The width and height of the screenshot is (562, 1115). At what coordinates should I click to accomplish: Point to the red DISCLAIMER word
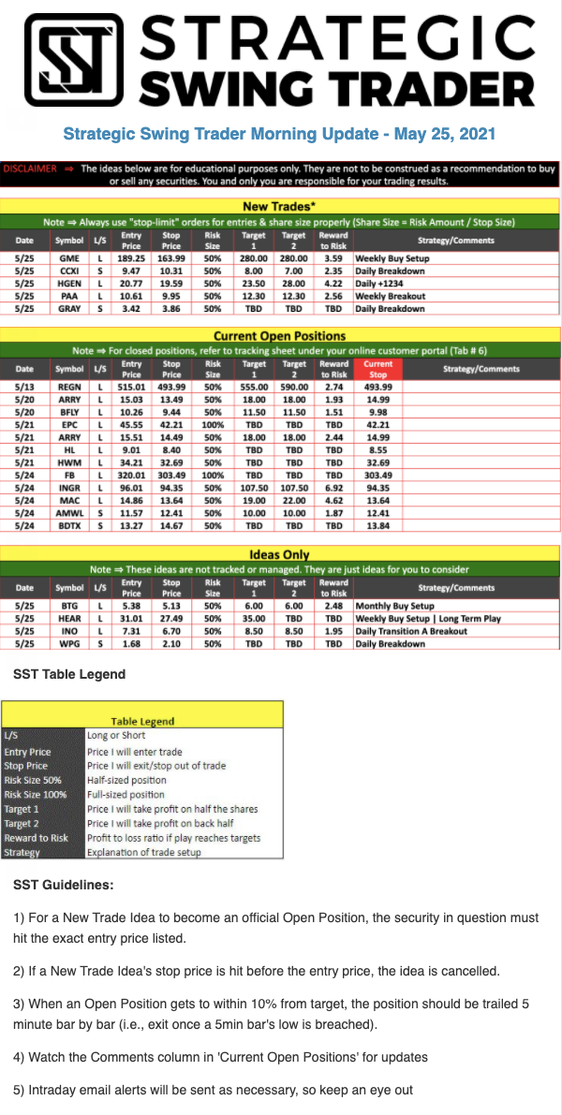coord(31,169)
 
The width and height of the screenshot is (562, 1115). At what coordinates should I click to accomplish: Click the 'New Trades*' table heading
coord(280,206)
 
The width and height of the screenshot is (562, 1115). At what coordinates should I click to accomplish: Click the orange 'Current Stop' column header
coord(378,368)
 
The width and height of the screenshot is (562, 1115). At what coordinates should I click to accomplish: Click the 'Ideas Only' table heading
coord(280,554)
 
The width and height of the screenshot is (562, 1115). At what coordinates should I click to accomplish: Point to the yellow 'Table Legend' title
coord(142,721)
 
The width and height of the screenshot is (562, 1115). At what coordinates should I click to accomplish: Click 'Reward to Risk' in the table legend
coord(37,838)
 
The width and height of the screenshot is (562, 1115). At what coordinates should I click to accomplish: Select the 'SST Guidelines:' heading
coord(65,884)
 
